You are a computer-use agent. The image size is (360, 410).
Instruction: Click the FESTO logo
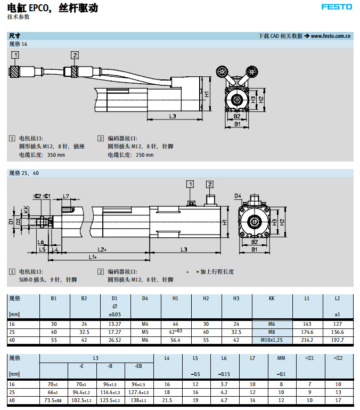pyautogui.click(x=336, y=7)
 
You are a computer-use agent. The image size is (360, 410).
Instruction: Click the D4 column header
pyautogui.click(x=145, y=299)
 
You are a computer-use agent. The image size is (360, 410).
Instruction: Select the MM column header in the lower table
pyautogui.click(x=281, y=358)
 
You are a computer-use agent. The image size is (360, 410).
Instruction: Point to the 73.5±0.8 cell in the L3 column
pyautogui.click(x=53, y=399)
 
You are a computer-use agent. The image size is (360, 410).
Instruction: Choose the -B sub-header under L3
pyautogui.click(x=110, y=366)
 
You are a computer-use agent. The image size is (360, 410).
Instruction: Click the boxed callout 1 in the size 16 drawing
pyautogui.click(x=16, y=55)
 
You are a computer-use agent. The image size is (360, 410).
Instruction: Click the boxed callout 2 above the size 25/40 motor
pyautogui.click(x=210, y=184)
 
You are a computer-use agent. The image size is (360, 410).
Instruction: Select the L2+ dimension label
pyautogui.click(x=102, y=249)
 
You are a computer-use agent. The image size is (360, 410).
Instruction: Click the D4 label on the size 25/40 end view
pyautogui.click(x=238, y=196)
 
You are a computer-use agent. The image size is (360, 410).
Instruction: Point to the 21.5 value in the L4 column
pyautogui.click(x=167, y=399)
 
